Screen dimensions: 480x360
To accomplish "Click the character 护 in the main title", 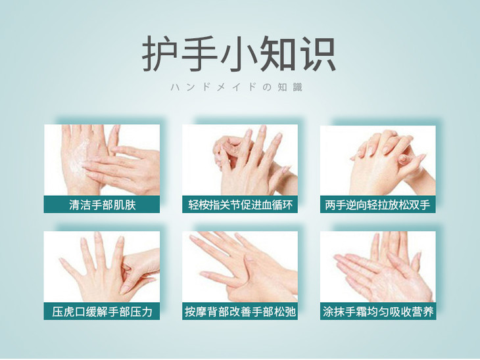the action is [160, 53].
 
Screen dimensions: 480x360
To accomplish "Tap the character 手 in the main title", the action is [199, 53].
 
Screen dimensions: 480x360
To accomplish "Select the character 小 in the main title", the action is [238, 53].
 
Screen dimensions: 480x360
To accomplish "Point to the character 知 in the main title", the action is [277, 53].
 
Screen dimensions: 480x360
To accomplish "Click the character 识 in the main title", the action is [317, 53].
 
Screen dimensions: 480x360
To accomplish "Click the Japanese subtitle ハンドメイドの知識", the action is [237, 87].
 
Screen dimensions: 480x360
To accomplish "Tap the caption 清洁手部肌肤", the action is [102, 204].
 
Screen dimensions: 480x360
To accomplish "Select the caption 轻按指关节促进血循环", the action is [240, 204].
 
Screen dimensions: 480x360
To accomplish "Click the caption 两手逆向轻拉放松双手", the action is [377, 204].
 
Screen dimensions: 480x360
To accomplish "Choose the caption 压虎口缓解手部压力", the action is [102, 311].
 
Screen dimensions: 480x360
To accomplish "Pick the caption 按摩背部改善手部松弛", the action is [240, 311].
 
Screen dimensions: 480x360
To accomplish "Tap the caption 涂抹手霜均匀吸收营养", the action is [378, 311].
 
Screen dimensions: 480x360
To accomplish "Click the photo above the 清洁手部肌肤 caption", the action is [102, 160].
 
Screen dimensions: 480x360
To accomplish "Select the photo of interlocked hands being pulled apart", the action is [378, 160].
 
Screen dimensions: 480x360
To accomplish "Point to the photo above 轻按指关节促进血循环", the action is [240, 160].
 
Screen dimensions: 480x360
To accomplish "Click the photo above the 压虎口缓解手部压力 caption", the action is [102, 267].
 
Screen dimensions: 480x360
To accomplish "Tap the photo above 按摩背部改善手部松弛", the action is [240, 267].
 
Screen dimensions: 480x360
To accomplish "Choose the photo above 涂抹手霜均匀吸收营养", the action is [378, 267].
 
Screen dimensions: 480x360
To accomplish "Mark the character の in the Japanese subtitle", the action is [267, 87].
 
